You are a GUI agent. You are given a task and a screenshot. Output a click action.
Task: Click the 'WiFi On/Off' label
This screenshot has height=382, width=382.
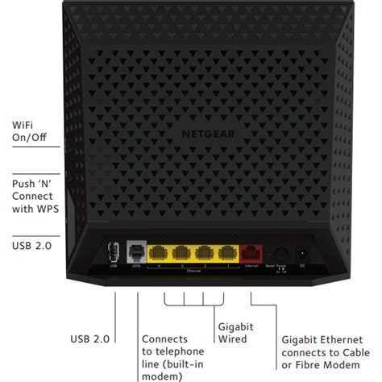[x=29, y=131]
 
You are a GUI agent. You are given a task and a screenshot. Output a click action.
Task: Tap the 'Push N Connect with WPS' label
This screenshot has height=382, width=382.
[x=32, y=196]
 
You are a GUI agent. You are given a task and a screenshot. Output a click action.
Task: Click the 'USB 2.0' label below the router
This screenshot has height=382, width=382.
[x=90, y=339]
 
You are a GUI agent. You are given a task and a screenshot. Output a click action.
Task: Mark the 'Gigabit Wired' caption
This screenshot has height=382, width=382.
[x=237, y=334]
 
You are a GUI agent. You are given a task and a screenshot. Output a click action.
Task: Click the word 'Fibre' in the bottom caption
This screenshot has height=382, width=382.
[x=312, y=367]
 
